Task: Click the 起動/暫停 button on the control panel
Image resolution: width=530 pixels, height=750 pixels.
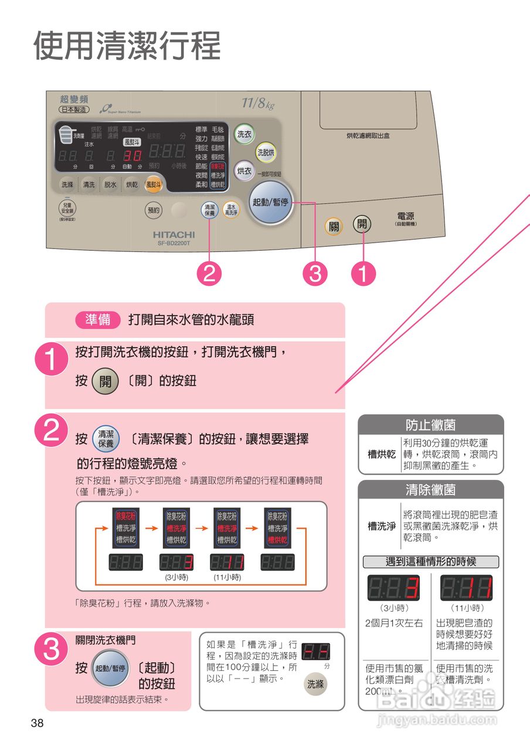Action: click(x=270, y=202)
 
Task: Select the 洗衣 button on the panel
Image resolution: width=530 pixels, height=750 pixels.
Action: click(x=244, y=134)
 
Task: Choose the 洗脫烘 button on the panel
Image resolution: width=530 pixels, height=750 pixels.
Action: click(x=266, y=152)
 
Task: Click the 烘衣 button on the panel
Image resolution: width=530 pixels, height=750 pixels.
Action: click(x=244, y=171)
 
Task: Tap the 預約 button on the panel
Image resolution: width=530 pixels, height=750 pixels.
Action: click(x=154, y=209)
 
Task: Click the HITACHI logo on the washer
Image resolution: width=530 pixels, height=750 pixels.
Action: click(x=174, y=234)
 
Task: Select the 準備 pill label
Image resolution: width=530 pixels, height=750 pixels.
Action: click(x=97, y=320)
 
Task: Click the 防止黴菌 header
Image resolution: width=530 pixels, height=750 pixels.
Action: click(x=430, y=424)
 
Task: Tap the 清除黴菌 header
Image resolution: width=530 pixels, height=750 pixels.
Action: click(x=430, y=489)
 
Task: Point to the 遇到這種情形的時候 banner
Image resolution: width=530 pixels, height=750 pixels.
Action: click(x=430, y=562)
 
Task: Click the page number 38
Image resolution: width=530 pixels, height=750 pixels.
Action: click(x=37, y=723)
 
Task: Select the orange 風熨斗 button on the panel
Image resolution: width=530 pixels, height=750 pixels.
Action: click(x=154, y=184)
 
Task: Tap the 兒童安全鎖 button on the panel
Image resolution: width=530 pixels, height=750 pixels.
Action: click(x=67, y=210)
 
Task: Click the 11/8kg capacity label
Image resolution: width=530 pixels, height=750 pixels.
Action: click(x=258, y=104)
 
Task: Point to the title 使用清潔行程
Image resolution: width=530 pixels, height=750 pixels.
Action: click(x=127, y=45)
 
